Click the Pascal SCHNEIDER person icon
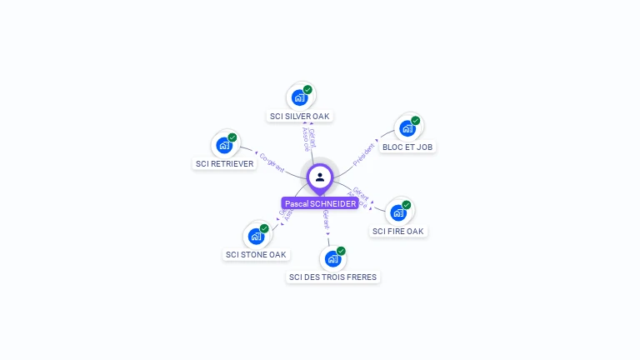pos(320,177)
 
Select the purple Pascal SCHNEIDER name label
pos(320,203)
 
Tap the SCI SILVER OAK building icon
pos(300,97)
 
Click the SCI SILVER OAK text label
pos(301,117)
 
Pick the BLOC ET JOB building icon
pos(407,127)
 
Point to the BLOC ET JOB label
pos(407,147)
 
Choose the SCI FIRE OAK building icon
pos(398,212)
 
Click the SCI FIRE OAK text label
pos(398,231)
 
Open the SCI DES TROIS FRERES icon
pos(332,258)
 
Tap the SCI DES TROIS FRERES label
pos(332,277)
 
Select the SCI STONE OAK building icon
pos(256,236)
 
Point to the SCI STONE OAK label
pos(256,254)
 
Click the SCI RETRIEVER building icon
pos(224,145)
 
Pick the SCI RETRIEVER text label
pos(224,164)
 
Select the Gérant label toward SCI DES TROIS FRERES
pos(325,219)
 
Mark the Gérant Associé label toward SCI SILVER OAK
pos(308,139)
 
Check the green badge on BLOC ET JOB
pos(415,121)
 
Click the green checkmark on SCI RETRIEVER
pos(232,137)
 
